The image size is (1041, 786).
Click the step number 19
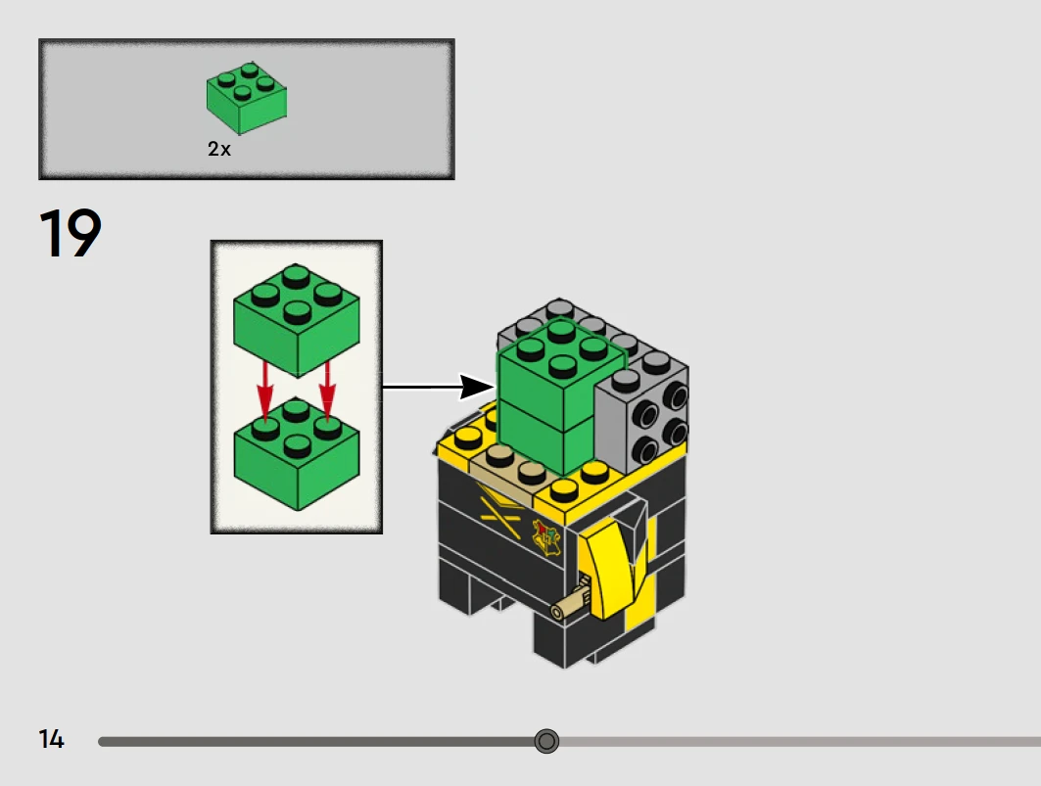[x=71, y=234]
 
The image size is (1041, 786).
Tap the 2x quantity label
[x=219, y=149]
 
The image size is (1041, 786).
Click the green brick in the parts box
[x=247, y=100]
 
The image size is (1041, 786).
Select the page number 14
[x=52, y=740]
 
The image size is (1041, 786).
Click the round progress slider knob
[x=546, y=741]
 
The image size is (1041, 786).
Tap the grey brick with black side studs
[x=642, y=411]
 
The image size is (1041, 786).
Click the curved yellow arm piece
[x=608, y=568]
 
